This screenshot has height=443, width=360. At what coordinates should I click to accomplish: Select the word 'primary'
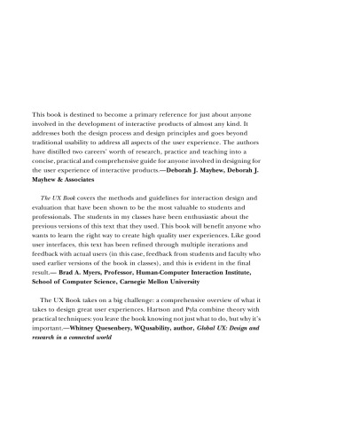click(153, 116)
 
